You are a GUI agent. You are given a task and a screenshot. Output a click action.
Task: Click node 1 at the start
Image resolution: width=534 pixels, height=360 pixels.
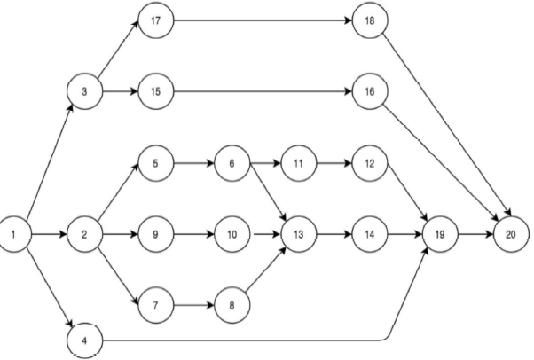[x=16, y=235]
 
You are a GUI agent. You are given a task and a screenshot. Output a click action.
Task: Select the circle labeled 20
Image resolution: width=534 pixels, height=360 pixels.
[x=507, y=235]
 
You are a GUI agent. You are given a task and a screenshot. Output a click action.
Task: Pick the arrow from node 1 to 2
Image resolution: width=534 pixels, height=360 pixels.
[x=49, y=235]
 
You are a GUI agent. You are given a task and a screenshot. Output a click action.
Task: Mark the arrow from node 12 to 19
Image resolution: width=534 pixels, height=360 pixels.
[x=403, y=200]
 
